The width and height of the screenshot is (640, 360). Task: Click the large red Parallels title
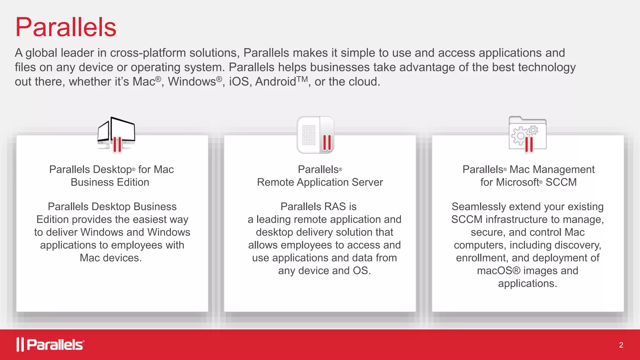(x=66, y=27)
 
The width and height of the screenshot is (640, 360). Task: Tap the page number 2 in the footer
(x=621, y=345)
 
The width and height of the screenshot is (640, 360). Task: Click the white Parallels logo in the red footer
(x=50, y=345)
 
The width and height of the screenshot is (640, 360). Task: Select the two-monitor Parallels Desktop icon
(x=116, y=135)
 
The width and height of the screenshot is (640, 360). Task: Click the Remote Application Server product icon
(x=316, y=135)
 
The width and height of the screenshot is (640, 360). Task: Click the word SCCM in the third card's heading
(x=561, y=182)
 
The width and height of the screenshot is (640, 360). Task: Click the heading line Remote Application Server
(x=320, y=182)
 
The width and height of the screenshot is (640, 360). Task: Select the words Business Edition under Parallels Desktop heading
(x=110, y=182)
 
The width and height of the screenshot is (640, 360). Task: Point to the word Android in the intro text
(x=275, y=82)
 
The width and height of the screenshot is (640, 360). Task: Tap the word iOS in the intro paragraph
(x=239, y=82)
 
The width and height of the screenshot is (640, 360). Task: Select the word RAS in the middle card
(x=335, y=207)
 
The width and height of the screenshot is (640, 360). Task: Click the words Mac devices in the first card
(x=111, y=258)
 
